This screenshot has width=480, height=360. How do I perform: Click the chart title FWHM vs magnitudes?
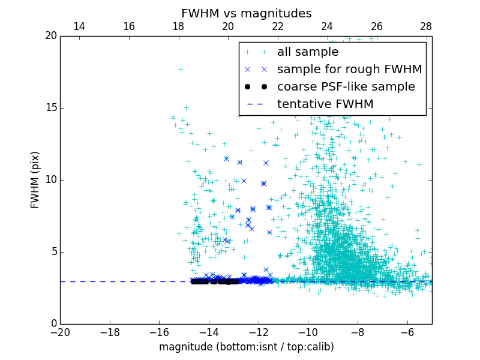246,13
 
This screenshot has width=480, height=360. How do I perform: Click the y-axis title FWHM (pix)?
35,179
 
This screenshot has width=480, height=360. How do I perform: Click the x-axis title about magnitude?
246,347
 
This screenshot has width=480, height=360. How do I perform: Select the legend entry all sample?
308,52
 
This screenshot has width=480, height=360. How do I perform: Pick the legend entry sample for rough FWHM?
349,70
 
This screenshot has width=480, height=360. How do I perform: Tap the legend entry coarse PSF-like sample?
346,87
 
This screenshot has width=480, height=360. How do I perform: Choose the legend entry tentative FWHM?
325,104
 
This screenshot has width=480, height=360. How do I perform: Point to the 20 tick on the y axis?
50,36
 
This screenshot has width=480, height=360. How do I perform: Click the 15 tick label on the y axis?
50,108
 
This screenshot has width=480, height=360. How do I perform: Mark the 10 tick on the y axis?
50,180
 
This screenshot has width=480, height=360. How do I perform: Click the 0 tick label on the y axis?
53,324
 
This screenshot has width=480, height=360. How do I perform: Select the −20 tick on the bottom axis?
60,332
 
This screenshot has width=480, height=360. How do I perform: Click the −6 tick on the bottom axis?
407,332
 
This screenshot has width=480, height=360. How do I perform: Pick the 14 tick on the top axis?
79,26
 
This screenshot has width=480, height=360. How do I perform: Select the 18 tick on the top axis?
178,26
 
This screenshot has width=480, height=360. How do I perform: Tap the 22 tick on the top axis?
277,26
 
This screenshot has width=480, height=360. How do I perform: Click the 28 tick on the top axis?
426,26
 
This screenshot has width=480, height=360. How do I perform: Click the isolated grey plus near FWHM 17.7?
181,69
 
